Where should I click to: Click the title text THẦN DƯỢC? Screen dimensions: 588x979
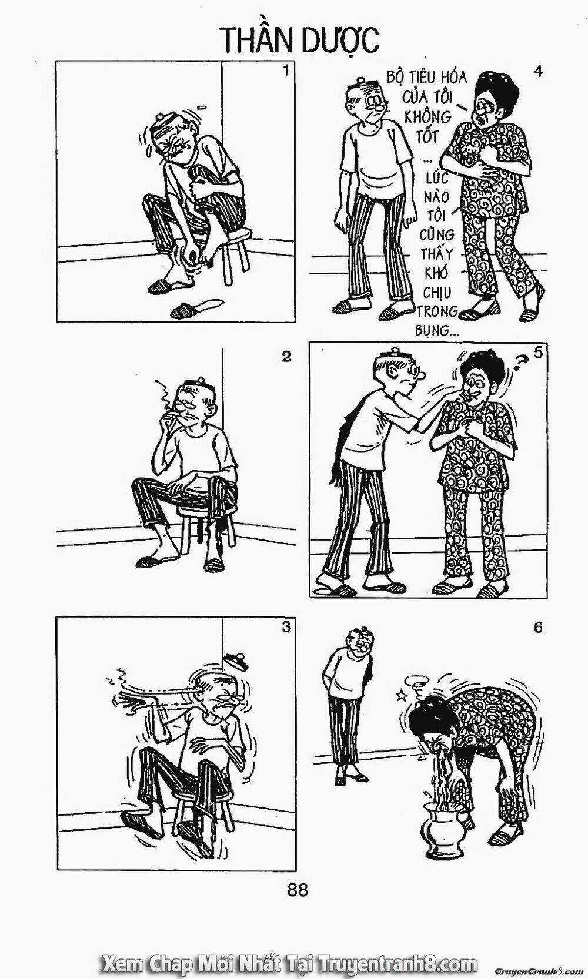pos(299,40)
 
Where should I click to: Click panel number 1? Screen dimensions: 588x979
pos(286,71)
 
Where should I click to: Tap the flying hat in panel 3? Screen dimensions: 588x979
pos(236,662)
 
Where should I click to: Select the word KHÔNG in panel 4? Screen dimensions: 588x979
pos(421,117)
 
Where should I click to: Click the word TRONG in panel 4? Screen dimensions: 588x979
pos(436,311)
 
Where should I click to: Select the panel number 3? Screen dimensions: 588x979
pos(286,627)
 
